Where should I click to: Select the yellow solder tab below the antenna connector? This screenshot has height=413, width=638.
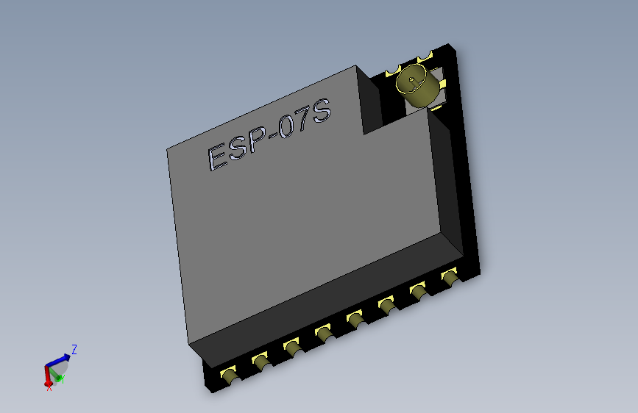[436, 108]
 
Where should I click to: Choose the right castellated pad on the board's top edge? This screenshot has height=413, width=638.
[425, 57]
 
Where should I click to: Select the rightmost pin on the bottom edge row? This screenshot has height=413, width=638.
[450, 278]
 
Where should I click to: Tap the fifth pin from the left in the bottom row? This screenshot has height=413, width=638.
[355, 319]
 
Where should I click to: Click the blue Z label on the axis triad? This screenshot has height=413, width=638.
[74, 350]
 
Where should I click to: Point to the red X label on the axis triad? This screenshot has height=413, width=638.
[49, 387]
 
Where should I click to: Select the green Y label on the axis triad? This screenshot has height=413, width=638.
[62, 378]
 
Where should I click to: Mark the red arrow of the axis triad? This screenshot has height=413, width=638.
[48, 376]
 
